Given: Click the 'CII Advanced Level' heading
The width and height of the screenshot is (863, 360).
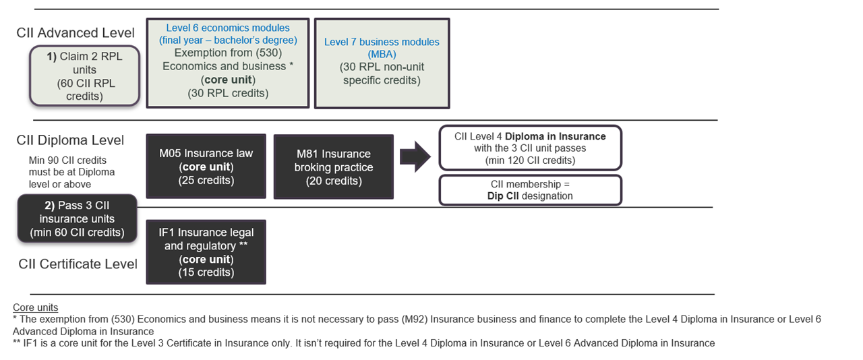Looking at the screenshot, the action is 76,33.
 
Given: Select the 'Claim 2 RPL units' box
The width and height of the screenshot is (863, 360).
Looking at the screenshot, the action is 85,76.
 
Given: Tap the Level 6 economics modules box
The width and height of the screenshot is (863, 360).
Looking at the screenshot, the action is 228,63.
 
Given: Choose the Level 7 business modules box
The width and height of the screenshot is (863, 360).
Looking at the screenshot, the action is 382,63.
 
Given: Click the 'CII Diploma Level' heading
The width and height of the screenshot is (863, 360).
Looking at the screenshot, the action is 70,140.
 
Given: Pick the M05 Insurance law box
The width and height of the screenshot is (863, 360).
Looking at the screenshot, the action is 206,166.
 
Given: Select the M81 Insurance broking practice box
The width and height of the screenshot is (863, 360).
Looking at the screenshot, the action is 334,167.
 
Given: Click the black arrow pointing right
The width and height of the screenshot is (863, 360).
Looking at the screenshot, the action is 415,156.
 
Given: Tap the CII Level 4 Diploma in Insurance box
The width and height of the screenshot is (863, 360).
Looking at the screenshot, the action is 530,148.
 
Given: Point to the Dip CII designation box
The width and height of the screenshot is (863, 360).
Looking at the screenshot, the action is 530,190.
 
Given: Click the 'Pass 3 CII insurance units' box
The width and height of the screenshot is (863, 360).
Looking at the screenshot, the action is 77,218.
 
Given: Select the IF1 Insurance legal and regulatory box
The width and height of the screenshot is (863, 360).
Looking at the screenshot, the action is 206,252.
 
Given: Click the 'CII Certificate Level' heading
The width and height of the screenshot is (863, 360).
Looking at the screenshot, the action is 78,264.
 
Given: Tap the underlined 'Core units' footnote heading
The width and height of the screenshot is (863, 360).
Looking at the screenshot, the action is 36,307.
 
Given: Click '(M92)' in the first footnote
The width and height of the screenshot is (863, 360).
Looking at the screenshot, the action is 414,320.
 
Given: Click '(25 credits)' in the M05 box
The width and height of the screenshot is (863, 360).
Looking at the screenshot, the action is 206,181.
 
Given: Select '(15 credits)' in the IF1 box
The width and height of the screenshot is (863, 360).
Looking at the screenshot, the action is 206,272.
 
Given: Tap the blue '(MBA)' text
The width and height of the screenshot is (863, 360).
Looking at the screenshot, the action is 382,55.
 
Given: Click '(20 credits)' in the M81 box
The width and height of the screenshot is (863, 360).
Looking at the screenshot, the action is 334,181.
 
